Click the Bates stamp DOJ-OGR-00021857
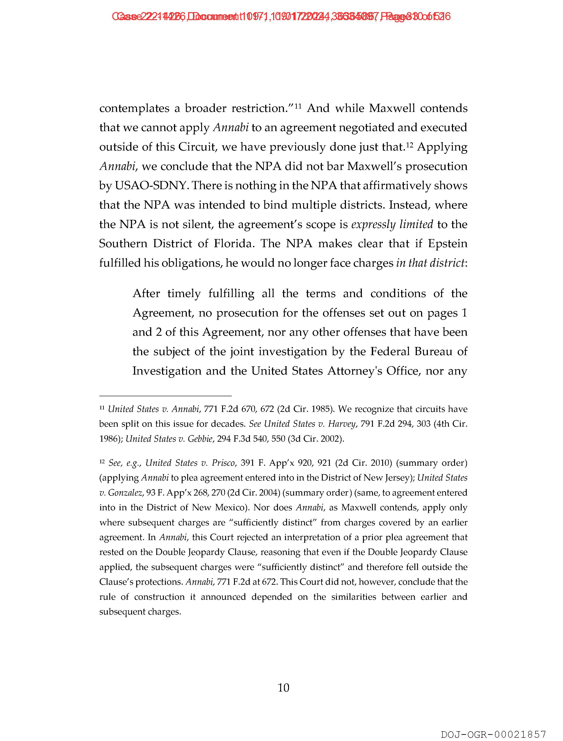[493, 734]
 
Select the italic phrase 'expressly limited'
[392, 224]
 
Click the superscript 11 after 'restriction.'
[299, 106]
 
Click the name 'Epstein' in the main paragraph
[447, 243]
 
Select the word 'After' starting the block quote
[146, 293]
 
